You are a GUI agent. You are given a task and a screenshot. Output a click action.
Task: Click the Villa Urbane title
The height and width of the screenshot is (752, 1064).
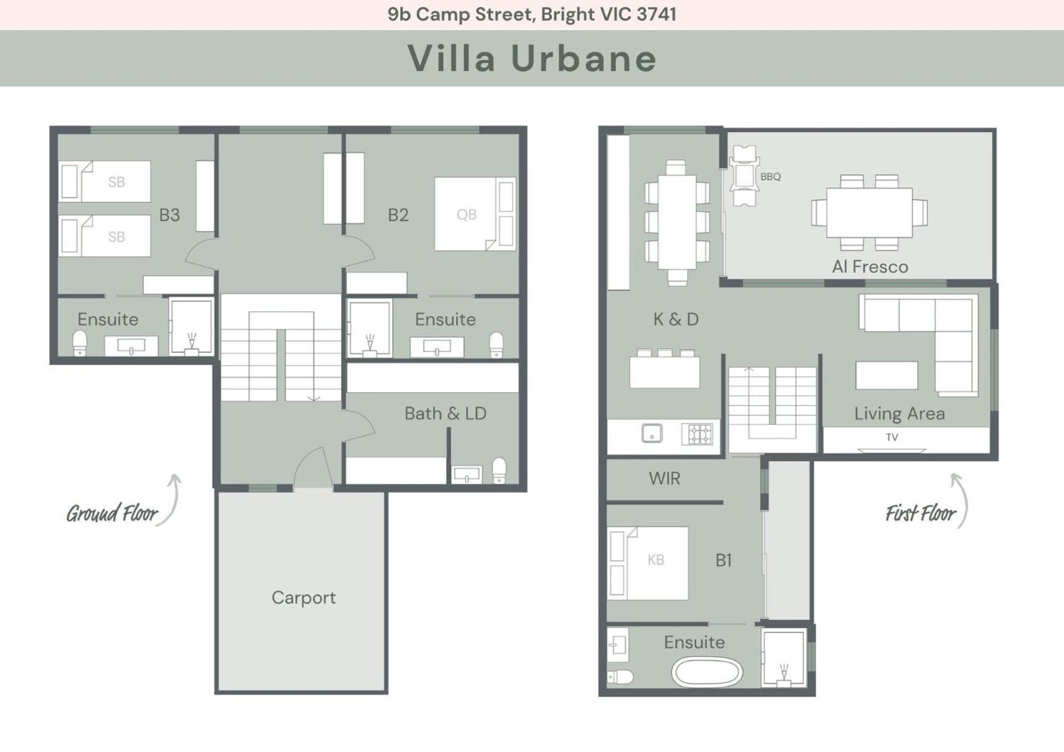[x=532, y=58]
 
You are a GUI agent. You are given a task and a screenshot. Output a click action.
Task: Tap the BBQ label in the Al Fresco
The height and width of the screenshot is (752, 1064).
[x=770, y=177]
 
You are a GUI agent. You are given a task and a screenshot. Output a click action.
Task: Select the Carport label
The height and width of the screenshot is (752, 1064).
[x=304, y=597]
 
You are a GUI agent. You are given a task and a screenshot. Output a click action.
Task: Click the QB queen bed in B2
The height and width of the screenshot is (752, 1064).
[x=475, y=214]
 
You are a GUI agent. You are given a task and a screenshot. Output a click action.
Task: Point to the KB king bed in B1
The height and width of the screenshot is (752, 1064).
[x=647, y=563]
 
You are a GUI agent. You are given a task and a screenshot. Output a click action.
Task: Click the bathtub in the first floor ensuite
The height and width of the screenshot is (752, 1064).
[x=707, y=672]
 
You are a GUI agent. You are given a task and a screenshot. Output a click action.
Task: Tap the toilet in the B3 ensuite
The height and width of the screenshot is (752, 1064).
[x=80, y=343]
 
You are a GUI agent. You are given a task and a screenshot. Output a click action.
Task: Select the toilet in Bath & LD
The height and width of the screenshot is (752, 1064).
[x=499, y=470]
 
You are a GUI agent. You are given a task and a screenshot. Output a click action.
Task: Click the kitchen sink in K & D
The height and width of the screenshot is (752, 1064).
[x=652, y=433]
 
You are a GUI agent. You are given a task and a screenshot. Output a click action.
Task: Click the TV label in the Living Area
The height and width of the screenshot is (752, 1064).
[x=892, y=437]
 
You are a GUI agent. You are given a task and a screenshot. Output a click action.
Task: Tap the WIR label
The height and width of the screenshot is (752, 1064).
[x=664, y=478]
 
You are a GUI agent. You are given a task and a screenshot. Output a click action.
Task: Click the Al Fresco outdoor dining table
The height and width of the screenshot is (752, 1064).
[x=869, y=213]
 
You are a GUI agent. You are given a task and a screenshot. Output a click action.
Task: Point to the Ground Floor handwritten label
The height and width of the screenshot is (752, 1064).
[x=112, y=513]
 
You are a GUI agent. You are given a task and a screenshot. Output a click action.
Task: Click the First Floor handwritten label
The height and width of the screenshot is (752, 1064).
[x=920, y=513]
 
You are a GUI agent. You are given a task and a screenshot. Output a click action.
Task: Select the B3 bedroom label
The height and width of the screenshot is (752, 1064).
[x=170, y=215]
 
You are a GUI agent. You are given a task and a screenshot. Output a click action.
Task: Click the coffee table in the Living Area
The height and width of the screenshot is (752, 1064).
[x=887, y=375]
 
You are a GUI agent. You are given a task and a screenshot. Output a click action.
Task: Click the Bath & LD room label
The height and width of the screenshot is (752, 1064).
[x=446, y=413]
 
